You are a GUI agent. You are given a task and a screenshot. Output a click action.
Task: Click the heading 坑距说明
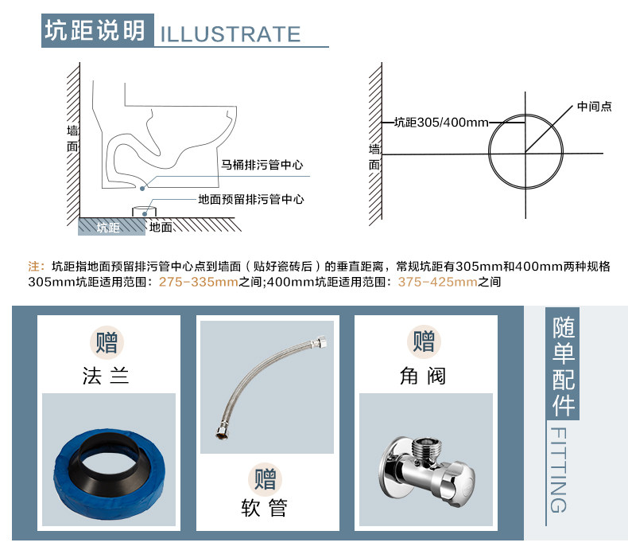coord(95,30)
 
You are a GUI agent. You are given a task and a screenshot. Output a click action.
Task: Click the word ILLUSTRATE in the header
coord(231,34)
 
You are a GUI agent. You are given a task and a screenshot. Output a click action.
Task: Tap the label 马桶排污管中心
coord(262,166)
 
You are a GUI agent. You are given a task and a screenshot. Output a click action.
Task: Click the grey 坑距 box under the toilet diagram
coord(109,228)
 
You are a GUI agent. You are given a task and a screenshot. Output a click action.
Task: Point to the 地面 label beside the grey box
coord(161,228)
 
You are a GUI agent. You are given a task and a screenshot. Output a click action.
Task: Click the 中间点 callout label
coord(594,107)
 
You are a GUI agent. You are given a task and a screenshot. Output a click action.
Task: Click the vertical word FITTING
coord(558,469)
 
